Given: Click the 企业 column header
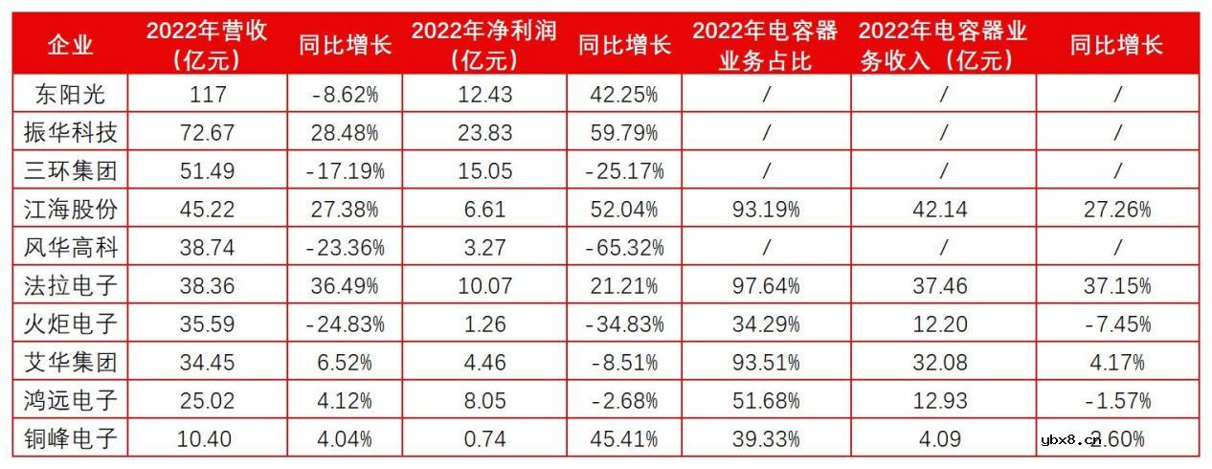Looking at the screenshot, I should [x=71, y=45].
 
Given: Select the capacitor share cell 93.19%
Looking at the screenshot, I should [x=765, y=210].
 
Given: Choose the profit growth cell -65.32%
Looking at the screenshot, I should [x=625, y=248].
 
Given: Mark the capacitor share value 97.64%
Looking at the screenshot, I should [x=765, y=286].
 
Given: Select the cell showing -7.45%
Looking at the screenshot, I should [x=1116, y=324].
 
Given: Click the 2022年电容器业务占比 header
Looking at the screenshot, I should [x=765, y=45].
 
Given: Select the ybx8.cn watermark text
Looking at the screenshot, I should [x=1070, y=440].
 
